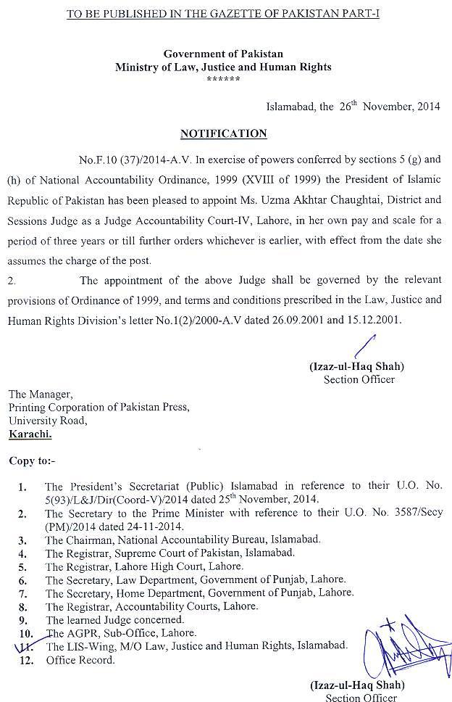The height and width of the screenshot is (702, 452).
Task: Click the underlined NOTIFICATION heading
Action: click(x=223, y=133)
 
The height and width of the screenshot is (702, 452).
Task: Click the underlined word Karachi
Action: click(x=30, y=434)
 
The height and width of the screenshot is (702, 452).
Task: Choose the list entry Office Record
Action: click(x=80, y=661)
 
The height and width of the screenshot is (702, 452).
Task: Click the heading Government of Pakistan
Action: click(x=223, y=54)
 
